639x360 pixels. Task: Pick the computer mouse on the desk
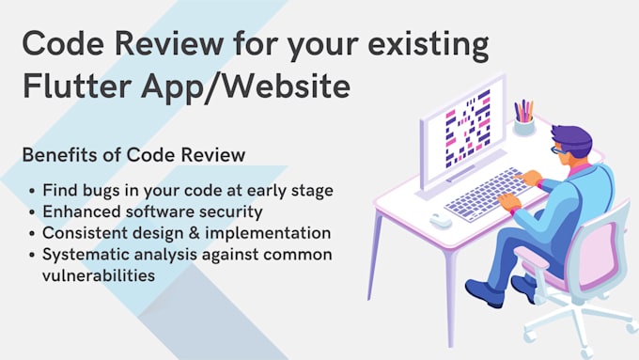pyautogui.click(x=440, y=220)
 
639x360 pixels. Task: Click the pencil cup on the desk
pyautogui.click(x=523, y=121)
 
